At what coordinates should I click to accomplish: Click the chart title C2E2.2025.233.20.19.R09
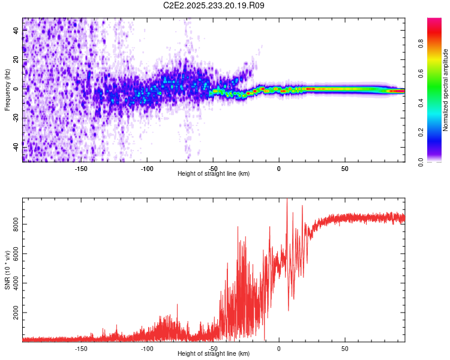(x=214, y=6)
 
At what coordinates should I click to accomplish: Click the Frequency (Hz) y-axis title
(x=7, y=89)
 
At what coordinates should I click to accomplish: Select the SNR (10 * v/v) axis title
(x=7, y=270)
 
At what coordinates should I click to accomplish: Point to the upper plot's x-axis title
(x=214, y=173)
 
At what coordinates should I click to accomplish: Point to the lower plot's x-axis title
(x=214, y=354)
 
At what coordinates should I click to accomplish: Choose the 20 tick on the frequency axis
(x=16, y=59)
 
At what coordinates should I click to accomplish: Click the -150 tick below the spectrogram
(x=81, y=168)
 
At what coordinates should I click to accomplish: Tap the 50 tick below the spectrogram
(x=344, y=168)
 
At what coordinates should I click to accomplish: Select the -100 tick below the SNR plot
(x=147, y=348)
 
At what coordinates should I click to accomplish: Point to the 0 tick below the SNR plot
(x=278, y=348)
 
